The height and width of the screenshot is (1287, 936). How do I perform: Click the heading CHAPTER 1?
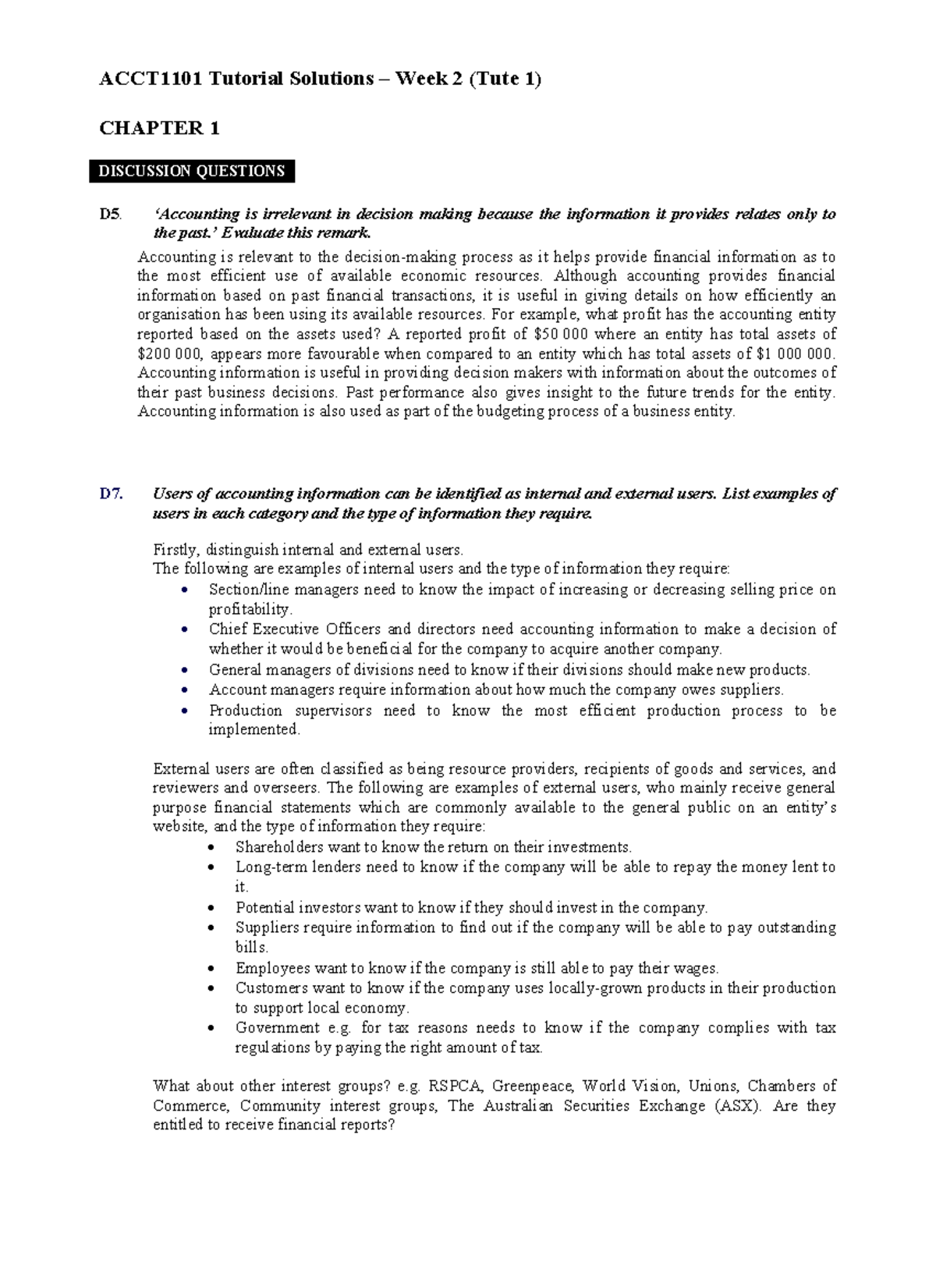pyautogui.click(x=159, y=129)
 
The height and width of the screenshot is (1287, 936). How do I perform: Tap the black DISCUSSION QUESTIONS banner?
pyautogui.click(x=192, y=172)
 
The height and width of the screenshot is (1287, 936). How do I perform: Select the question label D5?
pyautogui.click(x=110, y=214)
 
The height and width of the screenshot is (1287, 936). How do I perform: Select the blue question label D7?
pyautogui.click(x=111, y=494)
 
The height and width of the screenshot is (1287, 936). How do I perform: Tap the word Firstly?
pyautogui.click(x=175, y=549)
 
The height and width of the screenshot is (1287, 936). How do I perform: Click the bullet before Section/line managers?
pyautogui.click(x=184, y=590)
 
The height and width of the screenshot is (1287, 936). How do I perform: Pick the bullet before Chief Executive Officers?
pyautogui.click(x=184, y=629)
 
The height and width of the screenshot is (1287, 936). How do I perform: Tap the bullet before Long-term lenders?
pyautogui.click(x=211, y=867)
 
